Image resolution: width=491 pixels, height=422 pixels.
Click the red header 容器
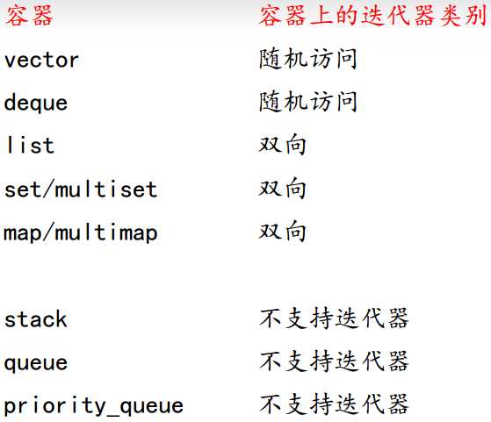29,16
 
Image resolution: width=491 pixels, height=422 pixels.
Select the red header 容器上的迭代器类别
372,16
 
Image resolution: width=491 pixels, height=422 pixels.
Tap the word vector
41,60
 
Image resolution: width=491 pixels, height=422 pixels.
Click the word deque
36,102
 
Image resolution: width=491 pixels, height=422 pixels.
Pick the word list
30,145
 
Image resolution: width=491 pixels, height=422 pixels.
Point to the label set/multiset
81,189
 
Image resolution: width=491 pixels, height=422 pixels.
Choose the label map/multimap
81,232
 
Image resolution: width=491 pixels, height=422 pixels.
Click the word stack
36,318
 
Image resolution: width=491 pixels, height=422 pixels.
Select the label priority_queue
94,405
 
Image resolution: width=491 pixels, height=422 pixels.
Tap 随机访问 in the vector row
307,59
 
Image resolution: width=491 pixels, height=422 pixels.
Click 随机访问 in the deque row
307,102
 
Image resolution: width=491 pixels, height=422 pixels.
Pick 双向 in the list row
282,145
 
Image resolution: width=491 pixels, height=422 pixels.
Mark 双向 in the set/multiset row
282,188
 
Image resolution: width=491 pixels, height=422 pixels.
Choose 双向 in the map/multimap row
282,231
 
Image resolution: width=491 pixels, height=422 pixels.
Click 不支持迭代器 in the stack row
334,318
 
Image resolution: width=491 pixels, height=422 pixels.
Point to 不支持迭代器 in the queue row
334,361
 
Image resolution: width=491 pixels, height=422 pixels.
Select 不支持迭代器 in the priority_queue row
334,404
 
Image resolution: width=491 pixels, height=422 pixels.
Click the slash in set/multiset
47,189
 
